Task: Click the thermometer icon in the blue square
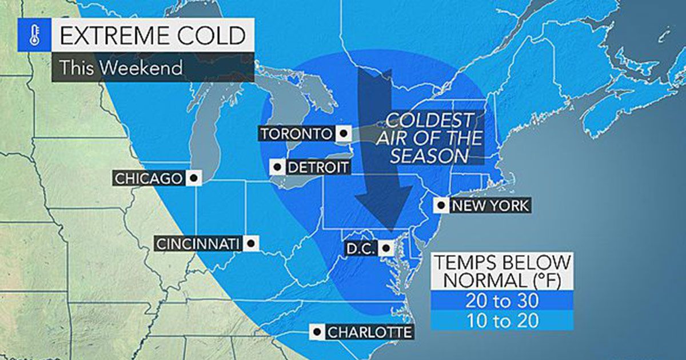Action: coord(34,36)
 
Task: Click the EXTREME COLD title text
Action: coord(153,35)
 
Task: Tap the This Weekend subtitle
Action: coord(121,67)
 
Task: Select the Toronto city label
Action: coord(296,134)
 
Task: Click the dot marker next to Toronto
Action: coord(343,134)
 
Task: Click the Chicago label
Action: coord(148,178)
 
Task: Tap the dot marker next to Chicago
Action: coord(194,178)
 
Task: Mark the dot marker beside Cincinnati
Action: coord(250,244)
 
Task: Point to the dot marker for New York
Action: coord(442,205)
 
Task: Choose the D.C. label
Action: coord(361,248)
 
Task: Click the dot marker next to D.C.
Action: coord(387,248)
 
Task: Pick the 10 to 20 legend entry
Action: coord(501,321)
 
